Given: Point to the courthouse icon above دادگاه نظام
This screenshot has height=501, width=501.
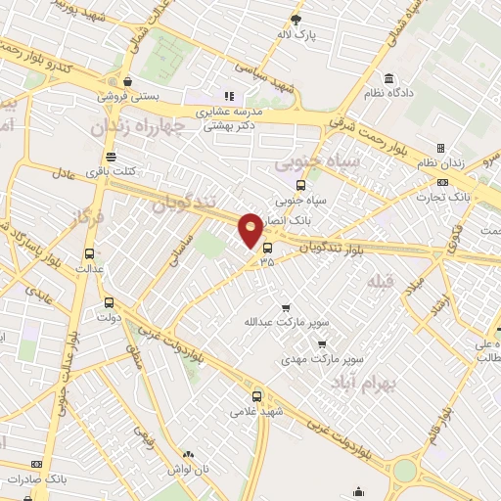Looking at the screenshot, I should pos(389,77).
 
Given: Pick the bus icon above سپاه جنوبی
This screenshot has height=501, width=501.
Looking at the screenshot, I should pos(299,184).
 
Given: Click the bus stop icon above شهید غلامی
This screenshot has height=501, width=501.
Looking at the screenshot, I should pos(257,396).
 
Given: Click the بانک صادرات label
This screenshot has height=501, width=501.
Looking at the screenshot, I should pos(36,478).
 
